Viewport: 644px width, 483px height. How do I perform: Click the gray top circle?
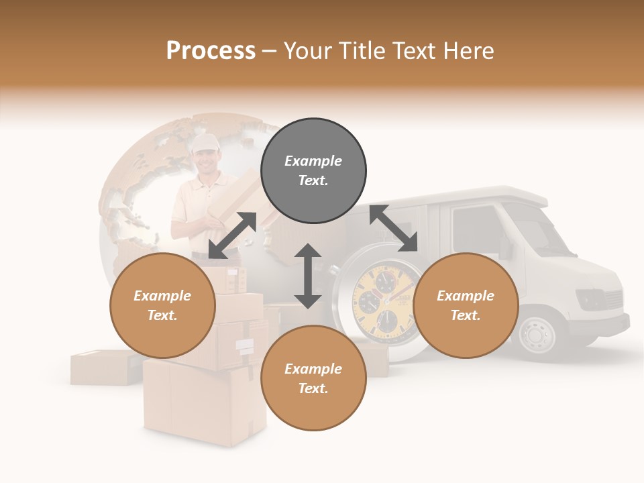coord(313,171)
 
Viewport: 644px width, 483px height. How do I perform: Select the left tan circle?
coord(162,305)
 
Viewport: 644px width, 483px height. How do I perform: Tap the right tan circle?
coord(466,305)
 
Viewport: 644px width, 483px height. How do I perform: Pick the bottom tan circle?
coord(313,378)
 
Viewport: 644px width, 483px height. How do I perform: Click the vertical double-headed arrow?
coord(308,276)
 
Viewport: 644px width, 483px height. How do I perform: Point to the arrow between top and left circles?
coord(232,235)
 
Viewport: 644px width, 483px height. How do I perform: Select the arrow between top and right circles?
coord(393,229)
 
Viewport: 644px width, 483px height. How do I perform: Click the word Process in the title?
coord(211,51)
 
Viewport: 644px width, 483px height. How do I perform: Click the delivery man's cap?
coord(205,142)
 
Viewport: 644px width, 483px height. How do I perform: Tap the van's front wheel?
coord(537,331)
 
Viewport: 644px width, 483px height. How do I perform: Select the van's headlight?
coord(591,297)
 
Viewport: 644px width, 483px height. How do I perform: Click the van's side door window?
coord(476,228)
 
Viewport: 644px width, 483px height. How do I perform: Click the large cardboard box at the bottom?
coord(205,402)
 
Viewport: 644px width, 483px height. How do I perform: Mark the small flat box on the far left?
coord(101,367)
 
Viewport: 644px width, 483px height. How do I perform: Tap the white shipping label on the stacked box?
coord(245,345)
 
